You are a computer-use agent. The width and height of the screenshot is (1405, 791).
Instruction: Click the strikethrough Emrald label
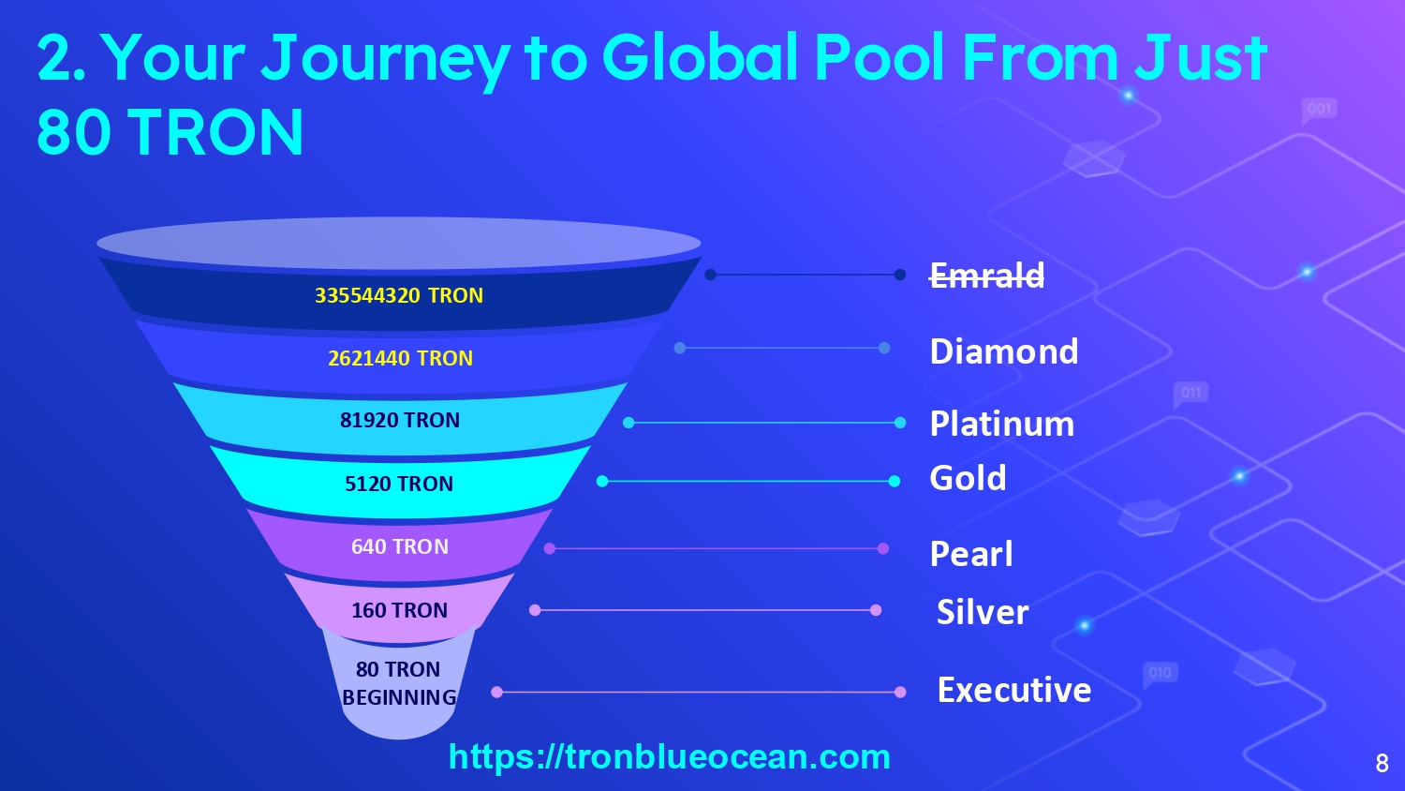coord(986,275)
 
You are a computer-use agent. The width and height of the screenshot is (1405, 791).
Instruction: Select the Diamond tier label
coord(1004,351)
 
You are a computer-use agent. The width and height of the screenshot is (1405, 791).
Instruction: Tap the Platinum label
coord(1001,424)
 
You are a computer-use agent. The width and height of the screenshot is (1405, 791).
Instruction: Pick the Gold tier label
coord(968,478)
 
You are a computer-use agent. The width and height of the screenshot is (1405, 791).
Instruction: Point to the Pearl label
coord(971,554)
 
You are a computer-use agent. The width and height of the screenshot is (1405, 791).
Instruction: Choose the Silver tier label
coord(983,612)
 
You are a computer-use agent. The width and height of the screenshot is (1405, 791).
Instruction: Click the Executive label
coord(1014,690)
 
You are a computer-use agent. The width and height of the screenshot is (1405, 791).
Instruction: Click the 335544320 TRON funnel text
coord(399,295)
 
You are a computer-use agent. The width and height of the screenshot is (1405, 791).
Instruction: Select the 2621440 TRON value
coord(400,358)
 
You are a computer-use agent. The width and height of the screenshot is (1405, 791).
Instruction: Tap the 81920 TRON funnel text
coord(400,419)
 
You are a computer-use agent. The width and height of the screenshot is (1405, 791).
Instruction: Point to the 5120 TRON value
coord(399,484)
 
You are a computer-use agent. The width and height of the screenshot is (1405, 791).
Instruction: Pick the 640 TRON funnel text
coord(400,546)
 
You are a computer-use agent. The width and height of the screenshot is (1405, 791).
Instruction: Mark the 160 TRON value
coord(400,609)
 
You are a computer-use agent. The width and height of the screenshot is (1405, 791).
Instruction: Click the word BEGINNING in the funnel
coord(399,697)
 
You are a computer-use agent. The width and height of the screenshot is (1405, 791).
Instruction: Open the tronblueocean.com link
coord(670,757)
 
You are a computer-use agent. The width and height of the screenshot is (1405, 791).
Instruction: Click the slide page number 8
coord(1382,764)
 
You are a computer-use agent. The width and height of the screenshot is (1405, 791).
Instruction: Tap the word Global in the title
coord(700,58)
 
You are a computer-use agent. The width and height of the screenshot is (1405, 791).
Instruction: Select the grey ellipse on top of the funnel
coord(399,244)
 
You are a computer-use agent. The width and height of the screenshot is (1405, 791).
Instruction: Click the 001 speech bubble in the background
coord(1319,110)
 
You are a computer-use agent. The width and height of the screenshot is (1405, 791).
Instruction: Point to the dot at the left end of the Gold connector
coord(602,482)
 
